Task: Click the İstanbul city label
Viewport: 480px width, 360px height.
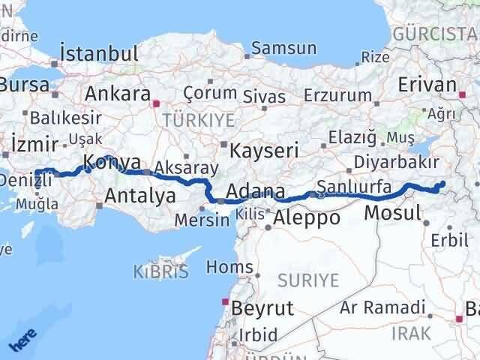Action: [99, 54]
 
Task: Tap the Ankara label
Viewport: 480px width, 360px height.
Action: [118, 94]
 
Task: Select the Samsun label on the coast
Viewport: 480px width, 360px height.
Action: [284, 49]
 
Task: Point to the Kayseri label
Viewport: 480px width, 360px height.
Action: [264, 149]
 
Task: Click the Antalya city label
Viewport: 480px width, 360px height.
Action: [140, 196]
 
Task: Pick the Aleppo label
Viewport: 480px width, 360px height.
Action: [307, 218]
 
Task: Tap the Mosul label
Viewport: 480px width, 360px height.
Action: [392, 213]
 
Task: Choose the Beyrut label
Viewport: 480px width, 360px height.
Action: [262, 308]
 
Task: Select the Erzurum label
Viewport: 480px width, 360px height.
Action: [338, 95]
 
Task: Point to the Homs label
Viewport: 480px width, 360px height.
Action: [223, 267]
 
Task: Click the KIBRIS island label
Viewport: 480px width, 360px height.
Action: [160, 271]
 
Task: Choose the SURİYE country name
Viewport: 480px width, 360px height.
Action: [309, 280]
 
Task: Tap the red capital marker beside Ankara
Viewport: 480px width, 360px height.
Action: [156, 105]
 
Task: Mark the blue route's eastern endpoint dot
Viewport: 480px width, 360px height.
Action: [442, 184]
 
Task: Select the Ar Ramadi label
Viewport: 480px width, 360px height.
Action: [382, 307]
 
